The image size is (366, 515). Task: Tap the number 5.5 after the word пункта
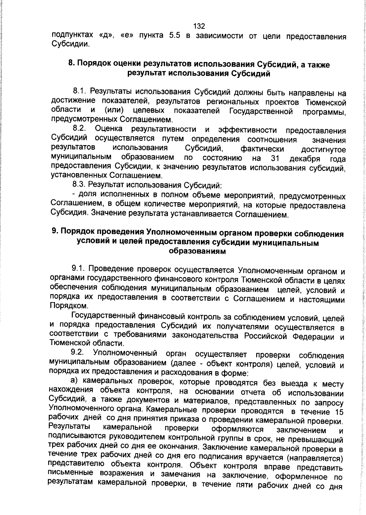pyautogui.click(x=174, y=36)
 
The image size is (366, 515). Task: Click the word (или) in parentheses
pyautogui.click(x=114, y=110)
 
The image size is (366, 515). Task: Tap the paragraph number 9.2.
pyautogui.click(x=77, y=352)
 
